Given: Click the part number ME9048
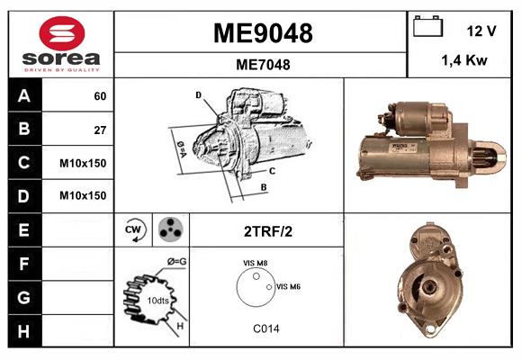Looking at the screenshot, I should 262,33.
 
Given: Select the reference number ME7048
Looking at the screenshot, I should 262,64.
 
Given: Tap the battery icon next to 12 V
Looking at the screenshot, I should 426,29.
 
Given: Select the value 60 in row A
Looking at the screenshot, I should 100,96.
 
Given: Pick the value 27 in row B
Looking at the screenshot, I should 100,130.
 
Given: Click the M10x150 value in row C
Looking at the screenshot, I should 83,163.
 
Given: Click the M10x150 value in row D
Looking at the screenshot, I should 83,195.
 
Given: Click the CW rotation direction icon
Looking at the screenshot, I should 133,229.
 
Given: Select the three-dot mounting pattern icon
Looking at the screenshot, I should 168,229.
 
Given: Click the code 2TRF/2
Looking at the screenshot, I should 267,230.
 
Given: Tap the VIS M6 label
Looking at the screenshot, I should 288,286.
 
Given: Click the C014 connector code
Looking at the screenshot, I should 265,328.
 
